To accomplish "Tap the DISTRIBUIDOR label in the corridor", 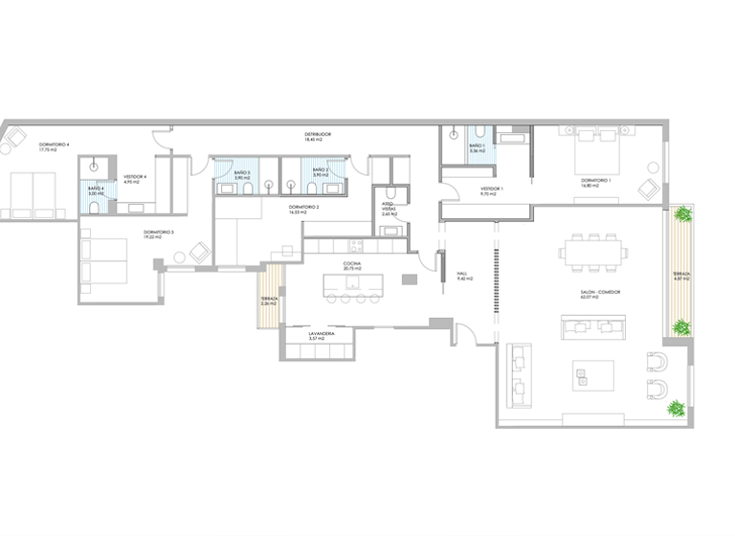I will click(318, 137).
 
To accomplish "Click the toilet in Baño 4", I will click(95, 167).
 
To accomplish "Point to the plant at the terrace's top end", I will click(681, 216).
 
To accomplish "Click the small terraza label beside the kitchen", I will click(269, 301).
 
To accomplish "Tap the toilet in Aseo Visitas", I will click(399, 198).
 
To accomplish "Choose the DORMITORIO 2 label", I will click(303, 210).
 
